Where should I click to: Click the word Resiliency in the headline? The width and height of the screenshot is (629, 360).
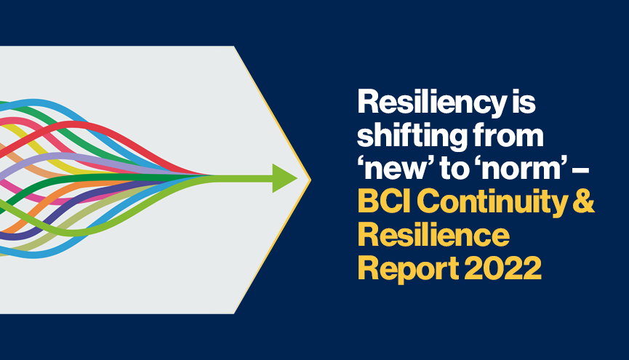(432, 103)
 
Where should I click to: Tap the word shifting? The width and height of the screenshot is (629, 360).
(410, 135)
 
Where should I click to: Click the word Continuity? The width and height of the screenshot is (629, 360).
(492, 203)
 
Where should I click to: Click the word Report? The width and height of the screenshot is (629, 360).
(408, 269)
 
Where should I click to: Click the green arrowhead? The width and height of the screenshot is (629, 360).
(285, 178)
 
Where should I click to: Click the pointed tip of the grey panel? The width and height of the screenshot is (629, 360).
(311, 180)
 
